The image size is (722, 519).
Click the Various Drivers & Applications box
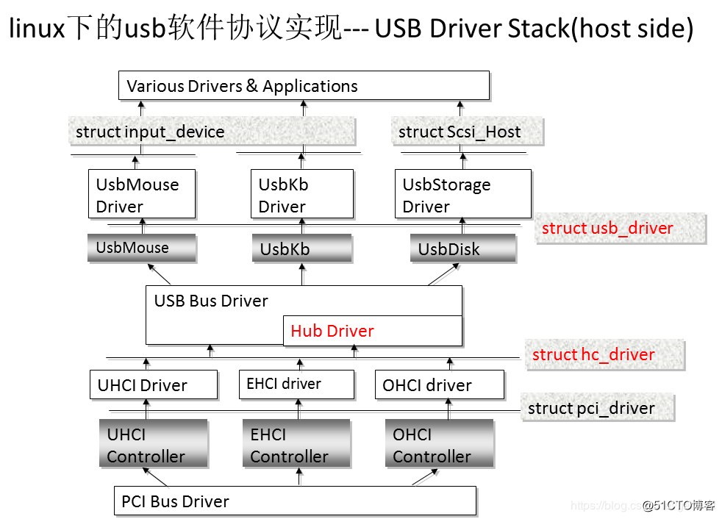(x=304, y=85)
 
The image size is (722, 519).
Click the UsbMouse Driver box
(x=142, y=194)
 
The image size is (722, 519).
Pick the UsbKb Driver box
(x=301, y=194)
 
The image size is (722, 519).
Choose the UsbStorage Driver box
(x=462, y=194)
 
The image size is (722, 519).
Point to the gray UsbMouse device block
(x=142, y=248)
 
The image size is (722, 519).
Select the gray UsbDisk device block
(x=462, y=248)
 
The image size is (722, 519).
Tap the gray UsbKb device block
(x=301, y=248)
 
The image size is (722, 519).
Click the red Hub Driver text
(x=332, y=331)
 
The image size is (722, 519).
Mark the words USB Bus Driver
(x=211, y=301)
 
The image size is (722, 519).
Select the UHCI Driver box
(x=153, y=384)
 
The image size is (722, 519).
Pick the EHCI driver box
(x=296, y=384)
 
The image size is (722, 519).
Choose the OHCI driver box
(x=441, y=384)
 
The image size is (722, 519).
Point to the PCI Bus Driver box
(x=294, y=501)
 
